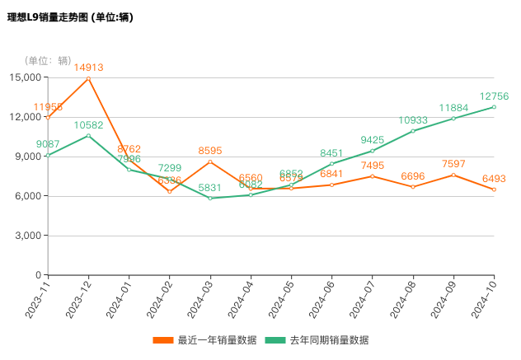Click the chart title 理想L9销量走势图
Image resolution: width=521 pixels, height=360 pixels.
tap(69, 16)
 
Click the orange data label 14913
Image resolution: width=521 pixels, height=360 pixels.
tap(88, 68)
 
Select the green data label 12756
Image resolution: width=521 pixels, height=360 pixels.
tap(494, 96)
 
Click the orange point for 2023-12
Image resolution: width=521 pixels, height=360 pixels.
tap(88, 78)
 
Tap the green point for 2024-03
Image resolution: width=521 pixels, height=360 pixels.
tap(210, 198)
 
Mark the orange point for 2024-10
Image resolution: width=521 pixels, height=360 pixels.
tap(494, 189)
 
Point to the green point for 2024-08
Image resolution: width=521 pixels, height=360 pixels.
tap(413, 131)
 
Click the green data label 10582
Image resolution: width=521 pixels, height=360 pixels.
tap(88, 125)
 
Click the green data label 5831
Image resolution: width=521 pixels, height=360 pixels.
tap(210, 188)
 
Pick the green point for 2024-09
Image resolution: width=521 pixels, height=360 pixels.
tap(453, 119)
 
